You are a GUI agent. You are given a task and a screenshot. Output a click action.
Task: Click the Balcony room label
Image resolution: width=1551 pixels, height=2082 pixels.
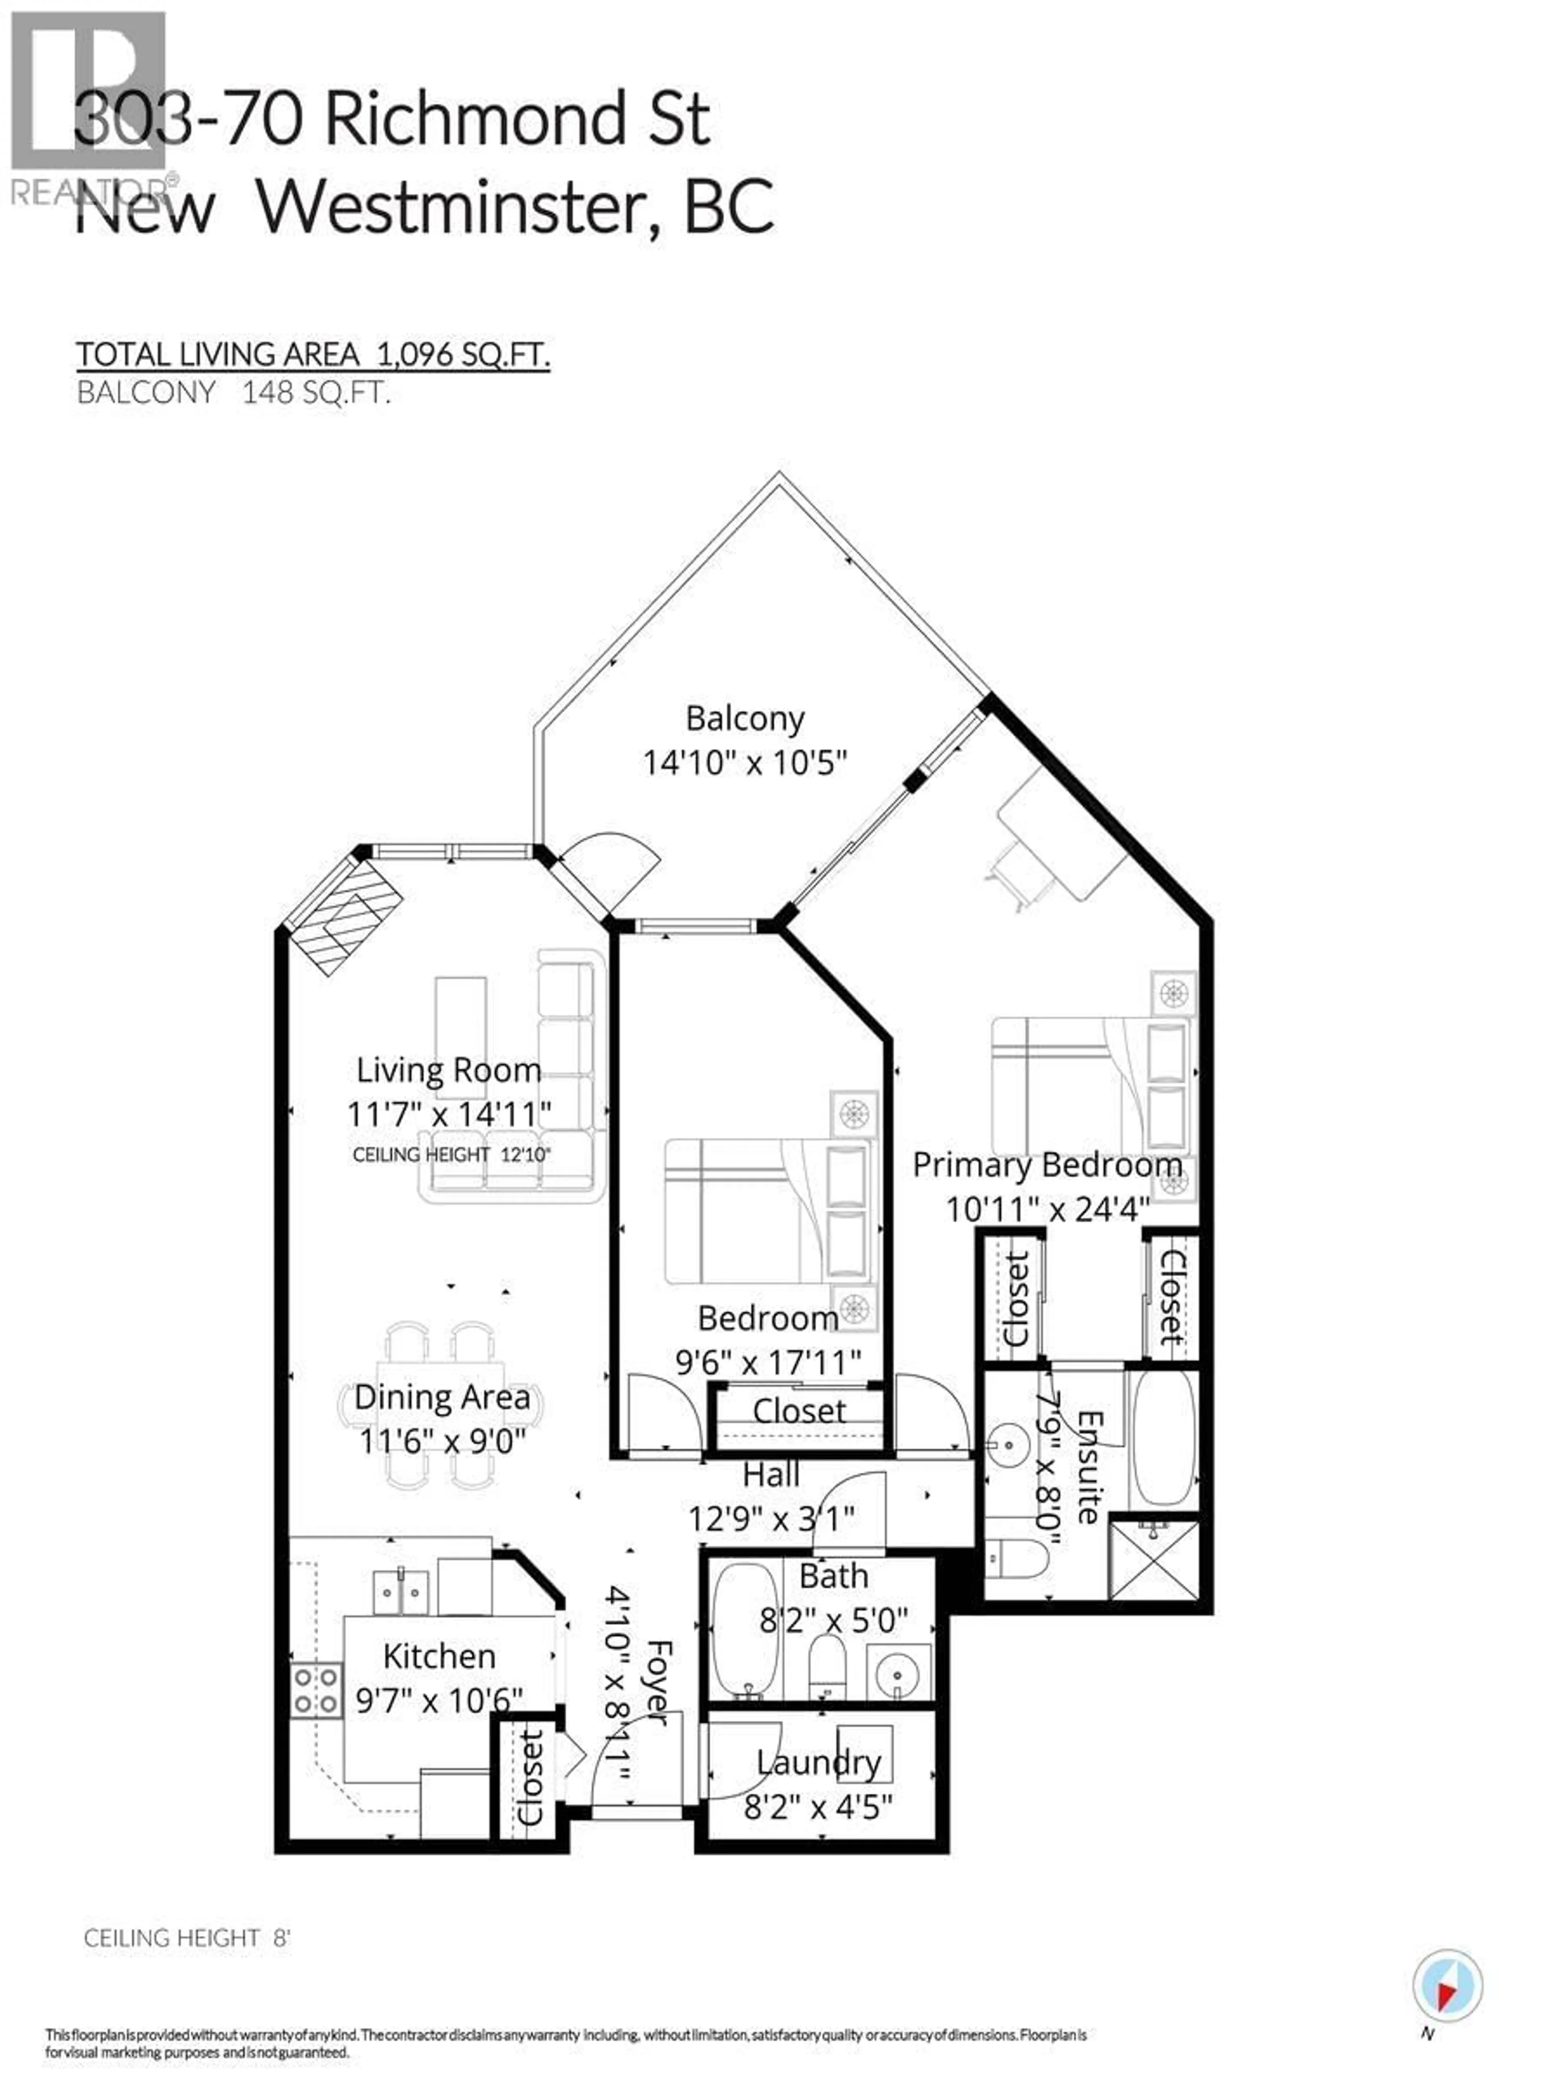point(744,718)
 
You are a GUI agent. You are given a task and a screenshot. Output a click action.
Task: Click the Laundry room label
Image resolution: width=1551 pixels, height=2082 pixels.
point(819,1763)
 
